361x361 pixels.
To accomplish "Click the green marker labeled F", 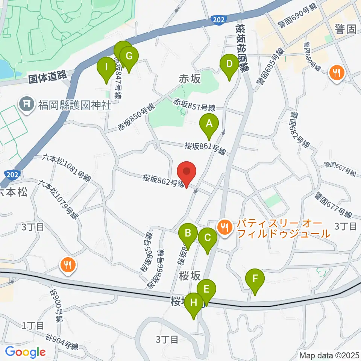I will coord(255,279).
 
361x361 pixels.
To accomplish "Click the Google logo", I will coord(25,352).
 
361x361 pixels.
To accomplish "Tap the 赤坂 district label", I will coord(190,79).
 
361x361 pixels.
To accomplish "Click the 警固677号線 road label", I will coord(334,205).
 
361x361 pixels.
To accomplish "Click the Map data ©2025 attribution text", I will coord(330,355).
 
